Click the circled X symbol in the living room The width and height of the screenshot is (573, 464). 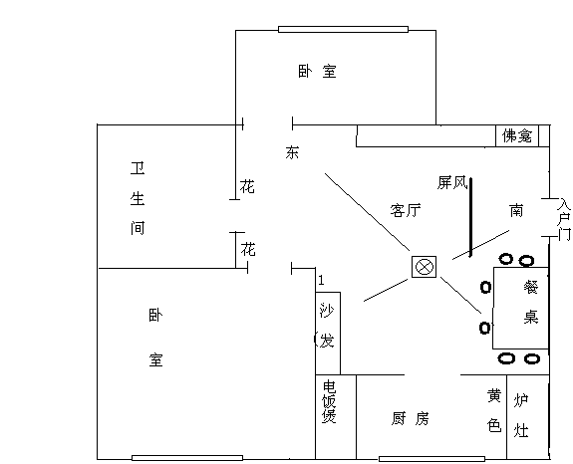pyautogui.click(x=424, y=267)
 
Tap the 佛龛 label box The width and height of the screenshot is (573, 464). pyautogui.click(x=517, y=135)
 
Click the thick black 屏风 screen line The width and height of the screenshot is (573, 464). pyautogui.click(x=470, y=217)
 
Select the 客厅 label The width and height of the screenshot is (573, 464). pyautogui.click(x=406, y=210)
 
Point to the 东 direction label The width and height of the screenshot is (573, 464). pyautogui.click(x=292, y=152)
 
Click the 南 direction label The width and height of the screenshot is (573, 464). pyautogui.click(x=516, y=211)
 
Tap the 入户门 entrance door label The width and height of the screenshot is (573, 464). pyautogui.click(x=564, y=219)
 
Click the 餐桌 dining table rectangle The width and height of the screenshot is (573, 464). pyautogui.click(x=521, y=308)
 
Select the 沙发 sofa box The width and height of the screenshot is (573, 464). pyautogui.click(x=328, y=333)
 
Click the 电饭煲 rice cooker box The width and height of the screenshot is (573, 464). pyautogui.click(x=336, y=417)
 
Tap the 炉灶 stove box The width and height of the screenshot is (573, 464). pyautogui.click(x=528, y=417)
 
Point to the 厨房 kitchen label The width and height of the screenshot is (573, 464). pyautogui.click(x=410, y=419)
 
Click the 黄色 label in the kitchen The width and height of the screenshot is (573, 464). pyautogui.click(x=494, y=410)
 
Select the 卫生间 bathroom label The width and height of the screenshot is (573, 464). pyautogui.click(x=138, y=198)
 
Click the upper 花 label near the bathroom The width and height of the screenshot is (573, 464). pyautogui.click(x=247, y=186)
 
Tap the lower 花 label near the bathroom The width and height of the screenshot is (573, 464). pyautogui.click(x=248, y=249)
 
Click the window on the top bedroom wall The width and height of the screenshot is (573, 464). pyautogui.click(x=343, y=29)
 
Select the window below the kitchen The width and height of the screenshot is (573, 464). pyautogui.click(x=431, y=459)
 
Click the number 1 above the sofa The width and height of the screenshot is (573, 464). pyautogui.click(x=321, y=280)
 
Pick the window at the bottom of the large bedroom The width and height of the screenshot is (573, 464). pyautogui.click(x=187, y=458)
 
